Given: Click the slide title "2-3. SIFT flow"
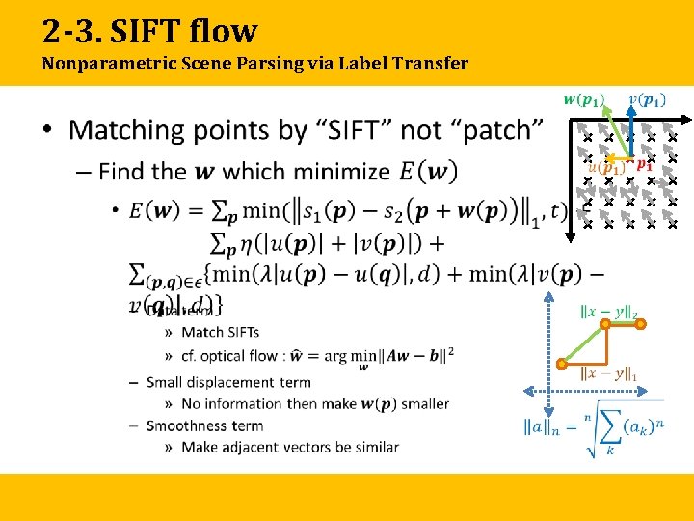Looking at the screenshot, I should pos(149,31).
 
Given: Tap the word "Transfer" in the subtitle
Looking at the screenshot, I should pos(431,65).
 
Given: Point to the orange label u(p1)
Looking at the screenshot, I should pos(606,166).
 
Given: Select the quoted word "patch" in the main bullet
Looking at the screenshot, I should pos(502,129).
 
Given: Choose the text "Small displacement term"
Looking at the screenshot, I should pos(228,382).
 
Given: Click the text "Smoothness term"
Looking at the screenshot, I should pos(204,425).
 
